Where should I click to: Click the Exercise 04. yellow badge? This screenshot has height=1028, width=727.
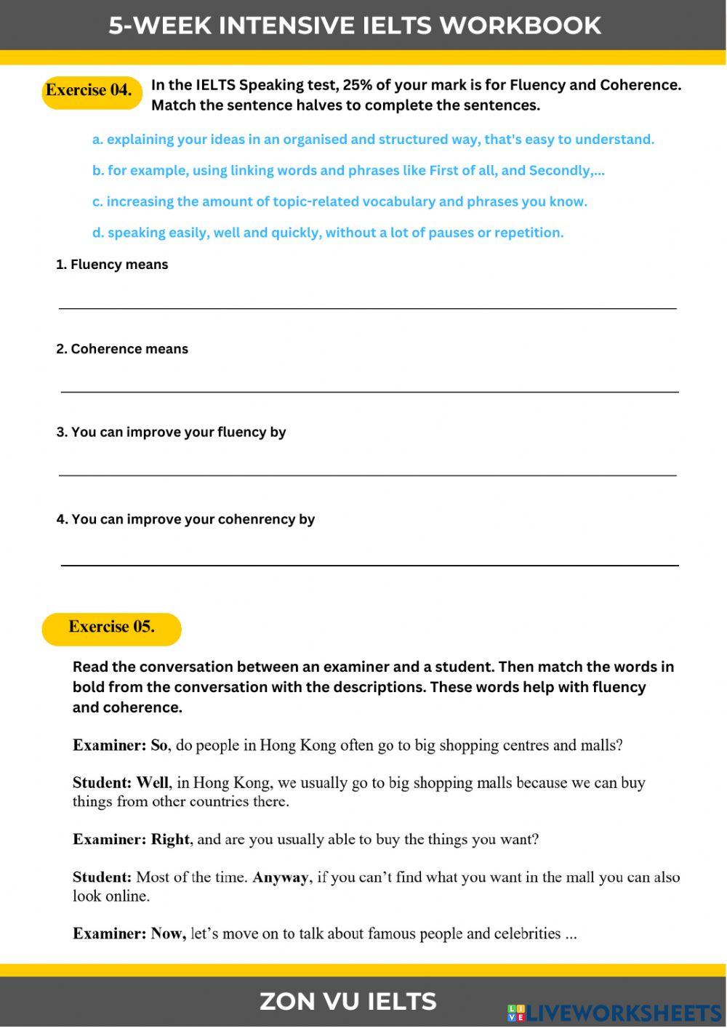pos(90,92)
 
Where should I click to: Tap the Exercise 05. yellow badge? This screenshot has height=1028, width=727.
pos(111,628)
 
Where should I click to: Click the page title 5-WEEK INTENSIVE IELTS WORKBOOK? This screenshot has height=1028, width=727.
pos(355,25)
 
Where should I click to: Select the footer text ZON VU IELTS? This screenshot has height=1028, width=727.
pos(348,1002)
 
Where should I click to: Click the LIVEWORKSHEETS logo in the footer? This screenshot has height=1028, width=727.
pos(614,1013)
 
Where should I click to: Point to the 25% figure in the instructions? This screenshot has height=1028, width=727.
pos(357,85)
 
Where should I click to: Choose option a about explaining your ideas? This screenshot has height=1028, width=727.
pos(373,140)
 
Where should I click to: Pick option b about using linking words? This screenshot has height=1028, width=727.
pos(348,171)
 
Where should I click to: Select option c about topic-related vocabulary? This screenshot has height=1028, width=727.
pos(340,202)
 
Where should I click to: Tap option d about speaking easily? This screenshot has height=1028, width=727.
pos(328,233)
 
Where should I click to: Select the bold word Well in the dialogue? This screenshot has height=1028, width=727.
pos(153,783)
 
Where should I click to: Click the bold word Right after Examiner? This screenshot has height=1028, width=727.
pos(170,840)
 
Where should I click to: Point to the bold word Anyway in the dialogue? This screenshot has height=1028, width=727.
pos(281,878)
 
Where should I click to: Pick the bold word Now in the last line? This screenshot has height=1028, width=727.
pos(168,934)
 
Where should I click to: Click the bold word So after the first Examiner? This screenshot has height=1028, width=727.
pos(159,745)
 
